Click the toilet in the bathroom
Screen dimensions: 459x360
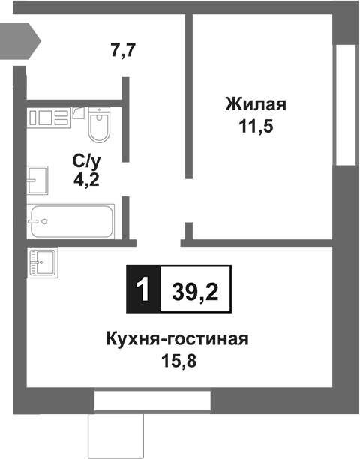tap(98, 127)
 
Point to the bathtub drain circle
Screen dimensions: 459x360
tap(44, 222)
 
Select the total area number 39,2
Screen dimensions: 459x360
tap(195, 289)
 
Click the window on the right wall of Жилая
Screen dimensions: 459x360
tap(346, 105)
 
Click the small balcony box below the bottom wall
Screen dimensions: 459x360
tap(115, 435)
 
